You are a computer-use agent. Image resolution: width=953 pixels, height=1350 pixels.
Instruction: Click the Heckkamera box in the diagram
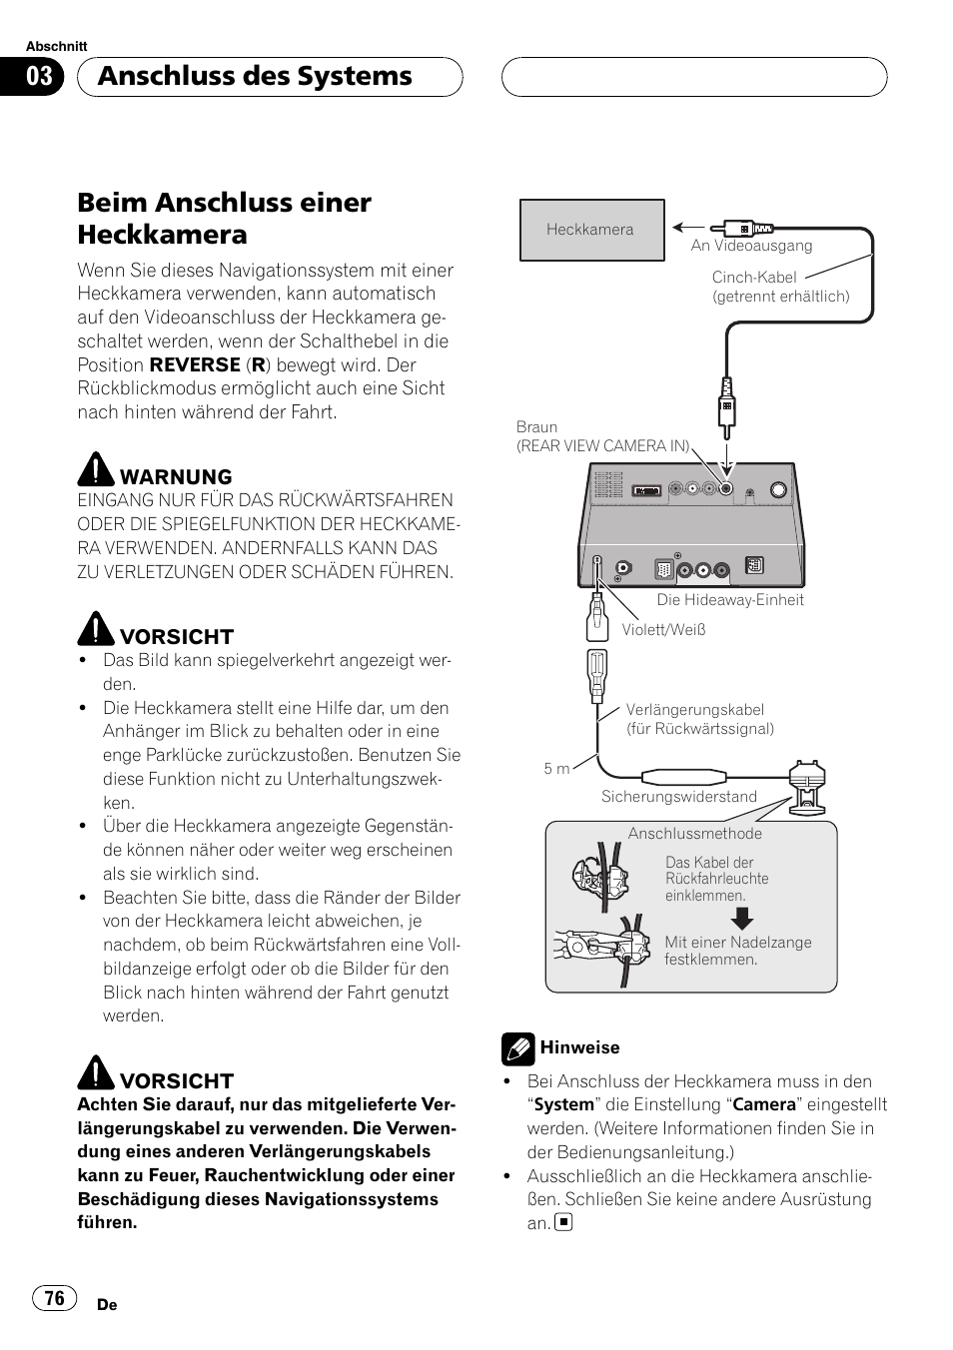pos(591,230)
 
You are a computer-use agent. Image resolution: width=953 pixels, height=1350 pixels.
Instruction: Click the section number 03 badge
pos(39,77)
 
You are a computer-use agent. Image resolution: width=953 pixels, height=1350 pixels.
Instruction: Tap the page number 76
pos(54,1297)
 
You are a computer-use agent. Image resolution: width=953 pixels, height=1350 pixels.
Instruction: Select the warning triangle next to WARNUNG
pos(96,468)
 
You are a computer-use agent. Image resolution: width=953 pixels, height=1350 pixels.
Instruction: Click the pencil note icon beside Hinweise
pos(517,1047)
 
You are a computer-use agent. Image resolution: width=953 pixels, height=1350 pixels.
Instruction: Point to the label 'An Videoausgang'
pos(751,246)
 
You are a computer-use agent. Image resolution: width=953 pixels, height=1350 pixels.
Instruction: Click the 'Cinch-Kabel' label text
pos(754,278)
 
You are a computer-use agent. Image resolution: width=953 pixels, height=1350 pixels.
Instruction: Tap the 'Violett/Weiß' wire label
pos(663,629)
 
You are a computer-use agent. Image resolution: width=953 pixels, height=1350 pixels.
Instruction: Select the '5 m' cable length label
pos(556,769)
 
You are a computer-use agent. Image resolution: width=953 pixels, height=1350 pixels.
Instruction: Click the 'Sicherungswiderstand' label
pos(678,797)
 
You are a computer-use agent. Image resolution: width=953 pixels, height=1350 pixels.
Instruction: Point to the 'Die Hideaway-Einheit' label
pos(729,600)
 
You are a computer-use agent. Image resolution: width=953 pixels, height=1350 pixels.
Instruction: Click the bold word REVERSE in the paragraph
pos(195,365)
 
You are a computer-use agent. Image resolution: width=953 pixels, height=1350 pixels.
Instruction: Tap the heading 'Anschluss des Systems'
pos(255,77)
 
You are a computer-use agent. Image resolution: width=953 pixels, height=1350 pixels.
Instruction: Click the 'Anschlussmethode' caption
pos(694,834)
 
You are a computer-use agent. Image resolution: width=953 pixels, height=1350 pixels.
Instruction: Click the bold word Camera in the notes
pos(764,1105)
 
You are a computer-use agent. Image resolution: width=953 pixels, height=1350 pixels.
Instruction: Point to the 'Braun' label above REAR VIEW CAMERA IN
pos(536,427)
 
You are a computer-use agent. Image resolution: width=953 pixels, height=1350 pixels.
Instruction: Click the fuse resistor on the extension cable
pos(684,777)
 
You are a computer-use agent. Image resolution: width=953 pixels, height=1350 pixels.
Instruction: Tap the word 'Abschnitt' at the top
pos(56,47)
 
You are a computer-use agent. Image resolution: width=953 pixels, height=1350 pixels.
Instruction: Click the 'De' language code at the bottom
pos(108,1305)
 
